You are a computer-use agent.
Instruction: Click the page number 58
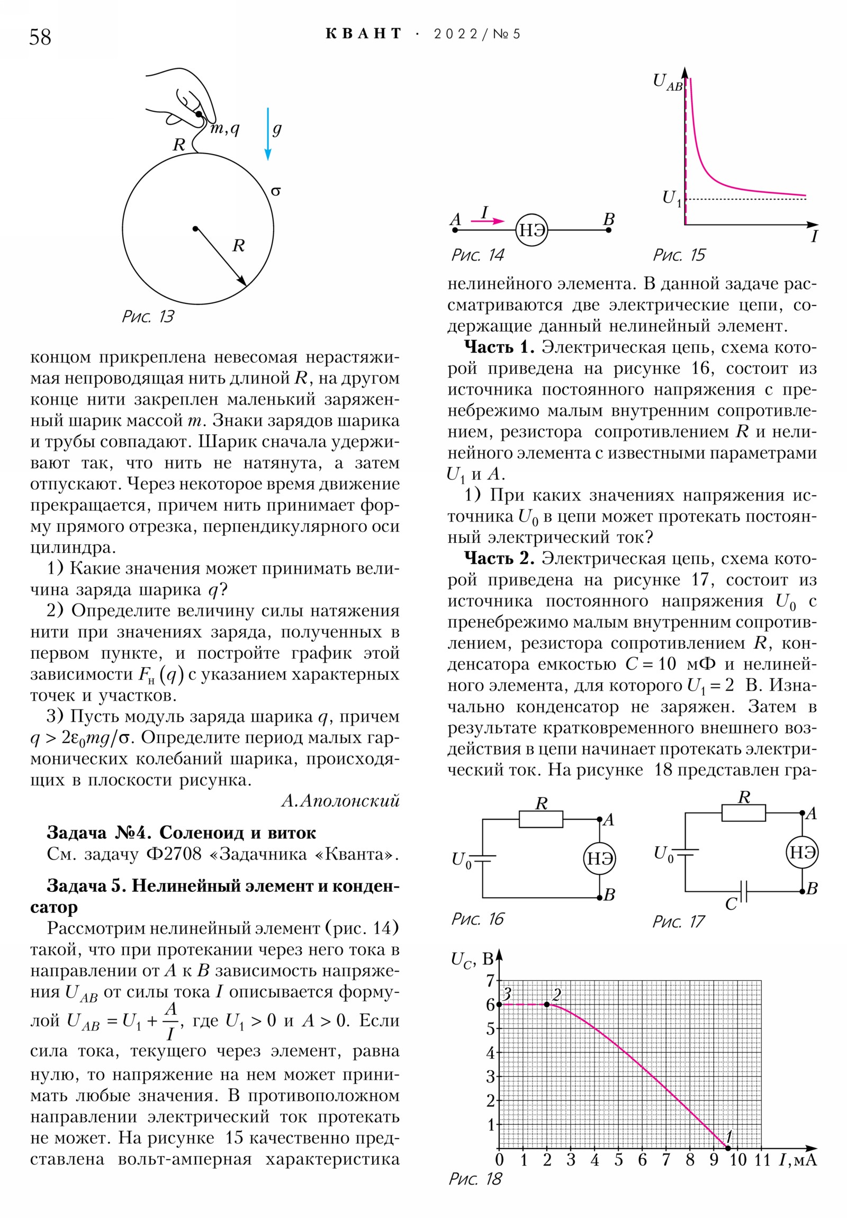pyautogui.click(x=40, y=37)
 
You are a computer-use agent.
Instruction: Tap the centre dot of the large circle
pyautogui.click(x=196, y=229)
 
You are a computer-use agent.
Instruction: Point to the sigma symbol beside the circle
pyautogui.click(x=275, y=191)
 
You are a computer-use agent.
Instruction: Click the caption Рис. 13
pyautogui.click(x=148, y=317)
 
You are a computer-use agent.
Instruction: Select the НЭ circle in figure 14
pyautogui.click(x=531, y=230)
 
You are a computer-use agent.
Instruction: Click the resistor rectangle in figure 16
pyautogui.click(x=540, y=819)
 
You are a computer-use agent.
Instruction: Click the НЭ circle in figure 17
pyautogui.click(x=802, y=853)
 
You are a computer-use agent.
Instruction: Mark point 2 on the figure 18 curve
pyautogui.click(x=547, y=1004)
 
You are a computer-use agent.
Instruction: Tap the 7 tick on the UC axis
pyautogui.click(x=491, y=980)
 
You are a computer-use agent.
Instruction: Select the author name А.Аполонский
pyautogui.click(x=340, y=801)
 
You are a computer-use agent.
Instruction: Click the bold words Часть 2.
pyautogui.click(x=499, y=559)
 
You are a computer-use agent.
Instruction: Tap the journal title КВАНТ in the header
pyautogui.click(x=363, y=34)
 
